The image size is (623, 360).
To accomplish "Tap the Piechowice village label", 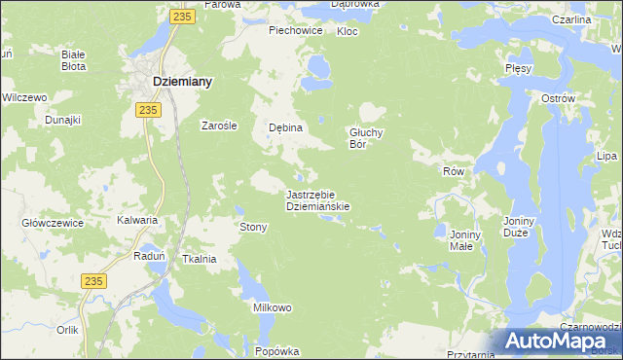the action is (296, 30).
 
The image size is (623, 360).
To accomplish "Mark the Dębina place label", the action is (286, 127).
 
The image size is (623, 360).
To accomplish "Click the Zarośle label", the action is (219, 125).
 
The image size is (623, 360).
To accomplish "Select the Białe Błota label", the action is (73, 60).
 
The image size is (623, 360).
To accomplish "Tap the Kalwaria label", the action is (137, 220).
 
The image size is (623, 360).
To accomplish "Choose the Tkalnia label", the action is (199, 259).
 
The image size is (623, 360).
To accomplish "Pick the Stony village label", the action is (253, 227).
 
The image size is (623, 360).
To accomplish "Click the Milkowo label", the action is (273, 307).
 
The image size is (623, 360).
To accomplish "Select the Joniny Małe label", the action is (460, 239).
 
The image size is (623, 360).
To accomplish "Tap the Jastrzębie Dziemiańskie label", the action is (317, 199).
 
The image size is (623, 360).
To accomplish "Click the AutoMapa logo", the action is (555, 342).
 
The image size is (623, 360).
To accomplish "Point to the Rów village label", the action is (455, 171).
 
